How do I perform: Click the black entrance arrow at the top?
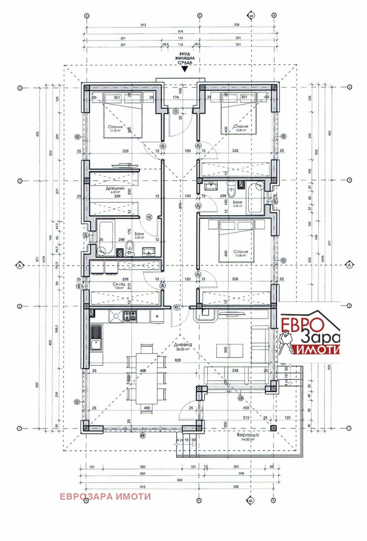pos(184,69)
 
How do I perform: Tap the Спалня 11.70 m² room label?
pos(115,128)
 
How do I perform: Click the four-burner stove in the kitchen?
pos(129,316)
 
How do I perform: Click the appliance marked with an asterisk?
pos(157,316)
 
